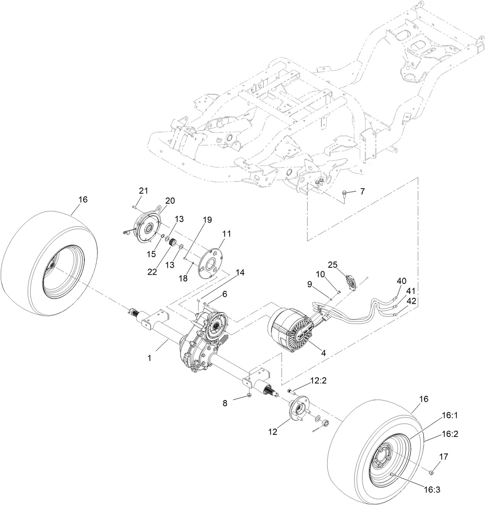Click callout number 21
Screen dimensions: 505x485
pos(143,190)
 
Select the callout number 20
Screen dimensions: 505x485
pos(170,201)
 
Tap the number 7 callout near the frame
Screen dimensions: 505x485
pos(362,191)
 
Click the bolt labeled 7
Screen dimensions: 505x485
pos(344,193)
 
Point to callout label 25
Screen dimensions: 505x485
pos(333,265)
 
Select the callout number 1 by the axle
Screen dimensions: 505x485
pos(149,358)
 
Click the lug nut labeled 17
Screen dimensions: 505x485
pos(431,472)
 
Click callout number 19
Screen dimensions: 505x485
pos(207,220)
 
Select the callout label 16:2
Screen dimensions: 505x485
pos(440,434)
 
